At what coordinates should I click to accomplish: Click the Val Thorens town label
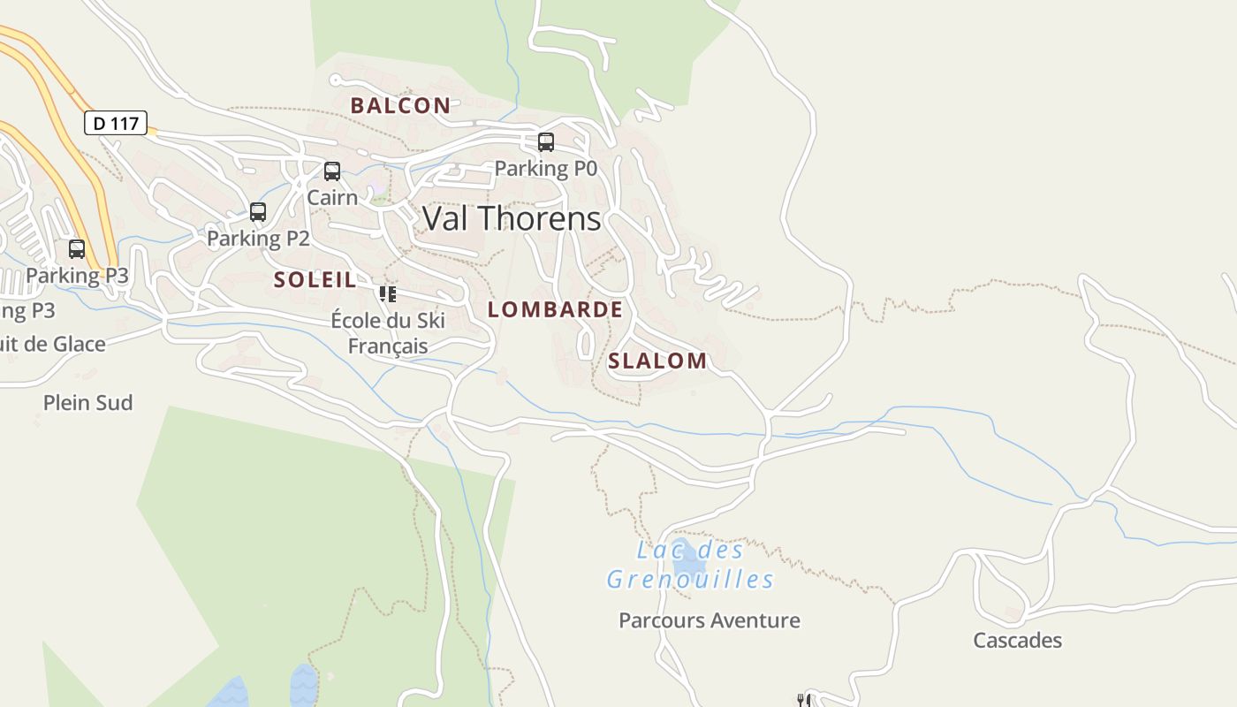(512, 218)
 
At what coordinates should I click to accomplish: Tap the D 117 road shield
(116, 123)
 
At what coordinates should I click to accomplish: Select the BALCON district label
(400, 105)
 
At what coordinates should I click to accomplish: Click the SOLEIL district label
(315, 280)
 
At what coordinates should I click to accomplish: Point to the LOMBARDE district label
(555, 309)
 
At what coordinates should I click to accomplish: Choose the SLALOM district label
(657, 361)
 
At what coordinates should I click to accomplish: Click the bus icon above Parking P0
(546, 141)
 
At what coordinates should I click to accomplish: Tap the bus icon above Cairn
(332, 171)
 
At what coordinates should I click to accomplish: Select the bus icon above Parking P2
(258, 212)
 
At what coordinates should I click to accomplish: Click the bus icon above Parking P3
(77, 249)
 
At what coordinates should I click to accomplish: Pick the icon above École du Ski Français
(387, 293)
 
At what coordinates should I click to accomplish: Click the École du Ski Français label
(388, 333)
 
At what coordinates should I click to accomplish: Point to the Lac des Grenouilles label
(690, 565)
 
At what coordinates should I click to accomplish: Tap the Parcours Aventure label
(710, 620)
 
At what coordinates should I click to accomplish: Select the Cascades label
(1017, 641)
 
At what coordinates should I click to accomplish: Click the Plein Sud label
(88, 403)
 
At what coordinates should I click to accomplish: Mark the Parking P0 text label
(545, 168)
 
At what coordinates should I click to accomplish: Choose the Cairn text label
(332, 197)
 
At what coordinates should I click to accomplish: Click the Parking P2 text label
(258, 238)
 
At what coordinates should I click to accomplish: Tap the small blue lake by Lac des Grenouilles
(688, 556)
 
